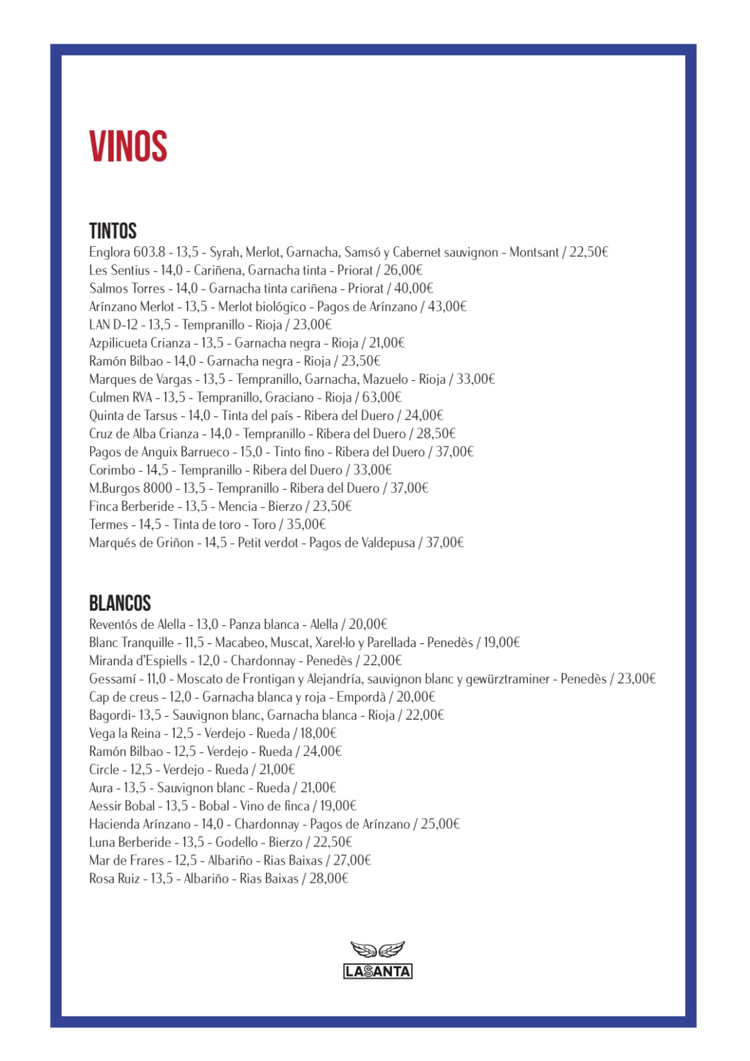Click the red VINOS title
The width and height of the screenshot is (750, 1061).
128,146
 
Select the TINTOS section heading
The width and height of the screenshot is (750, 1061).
112,231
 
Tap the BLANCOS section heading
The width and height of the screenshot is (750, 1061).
120,603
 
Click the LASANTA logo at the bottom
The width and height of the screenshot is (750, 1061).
377,971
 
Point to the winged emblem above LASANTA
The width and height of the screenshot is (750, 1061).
377,950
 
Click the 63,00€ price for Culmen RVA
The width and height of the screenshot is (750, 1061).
381,398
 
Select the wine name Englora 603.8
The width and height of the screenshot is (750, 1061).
127,253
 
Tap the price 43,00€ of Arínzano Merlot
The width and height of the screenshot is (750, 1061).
447,307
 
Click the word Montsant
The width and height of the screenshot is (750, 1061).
534,253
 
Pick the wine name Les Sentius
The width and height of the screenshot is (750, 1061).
119,271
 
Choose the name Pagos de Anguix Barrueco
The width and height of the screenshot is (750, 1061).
159,452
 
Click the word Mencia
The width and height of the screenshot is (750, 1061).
237,506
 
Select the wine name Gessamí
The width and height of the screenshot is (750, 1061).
112,679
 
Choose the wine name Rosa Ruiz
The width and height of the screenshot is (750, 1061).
114,878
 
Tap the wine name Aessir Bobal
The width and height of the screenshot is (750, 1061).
122,806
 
